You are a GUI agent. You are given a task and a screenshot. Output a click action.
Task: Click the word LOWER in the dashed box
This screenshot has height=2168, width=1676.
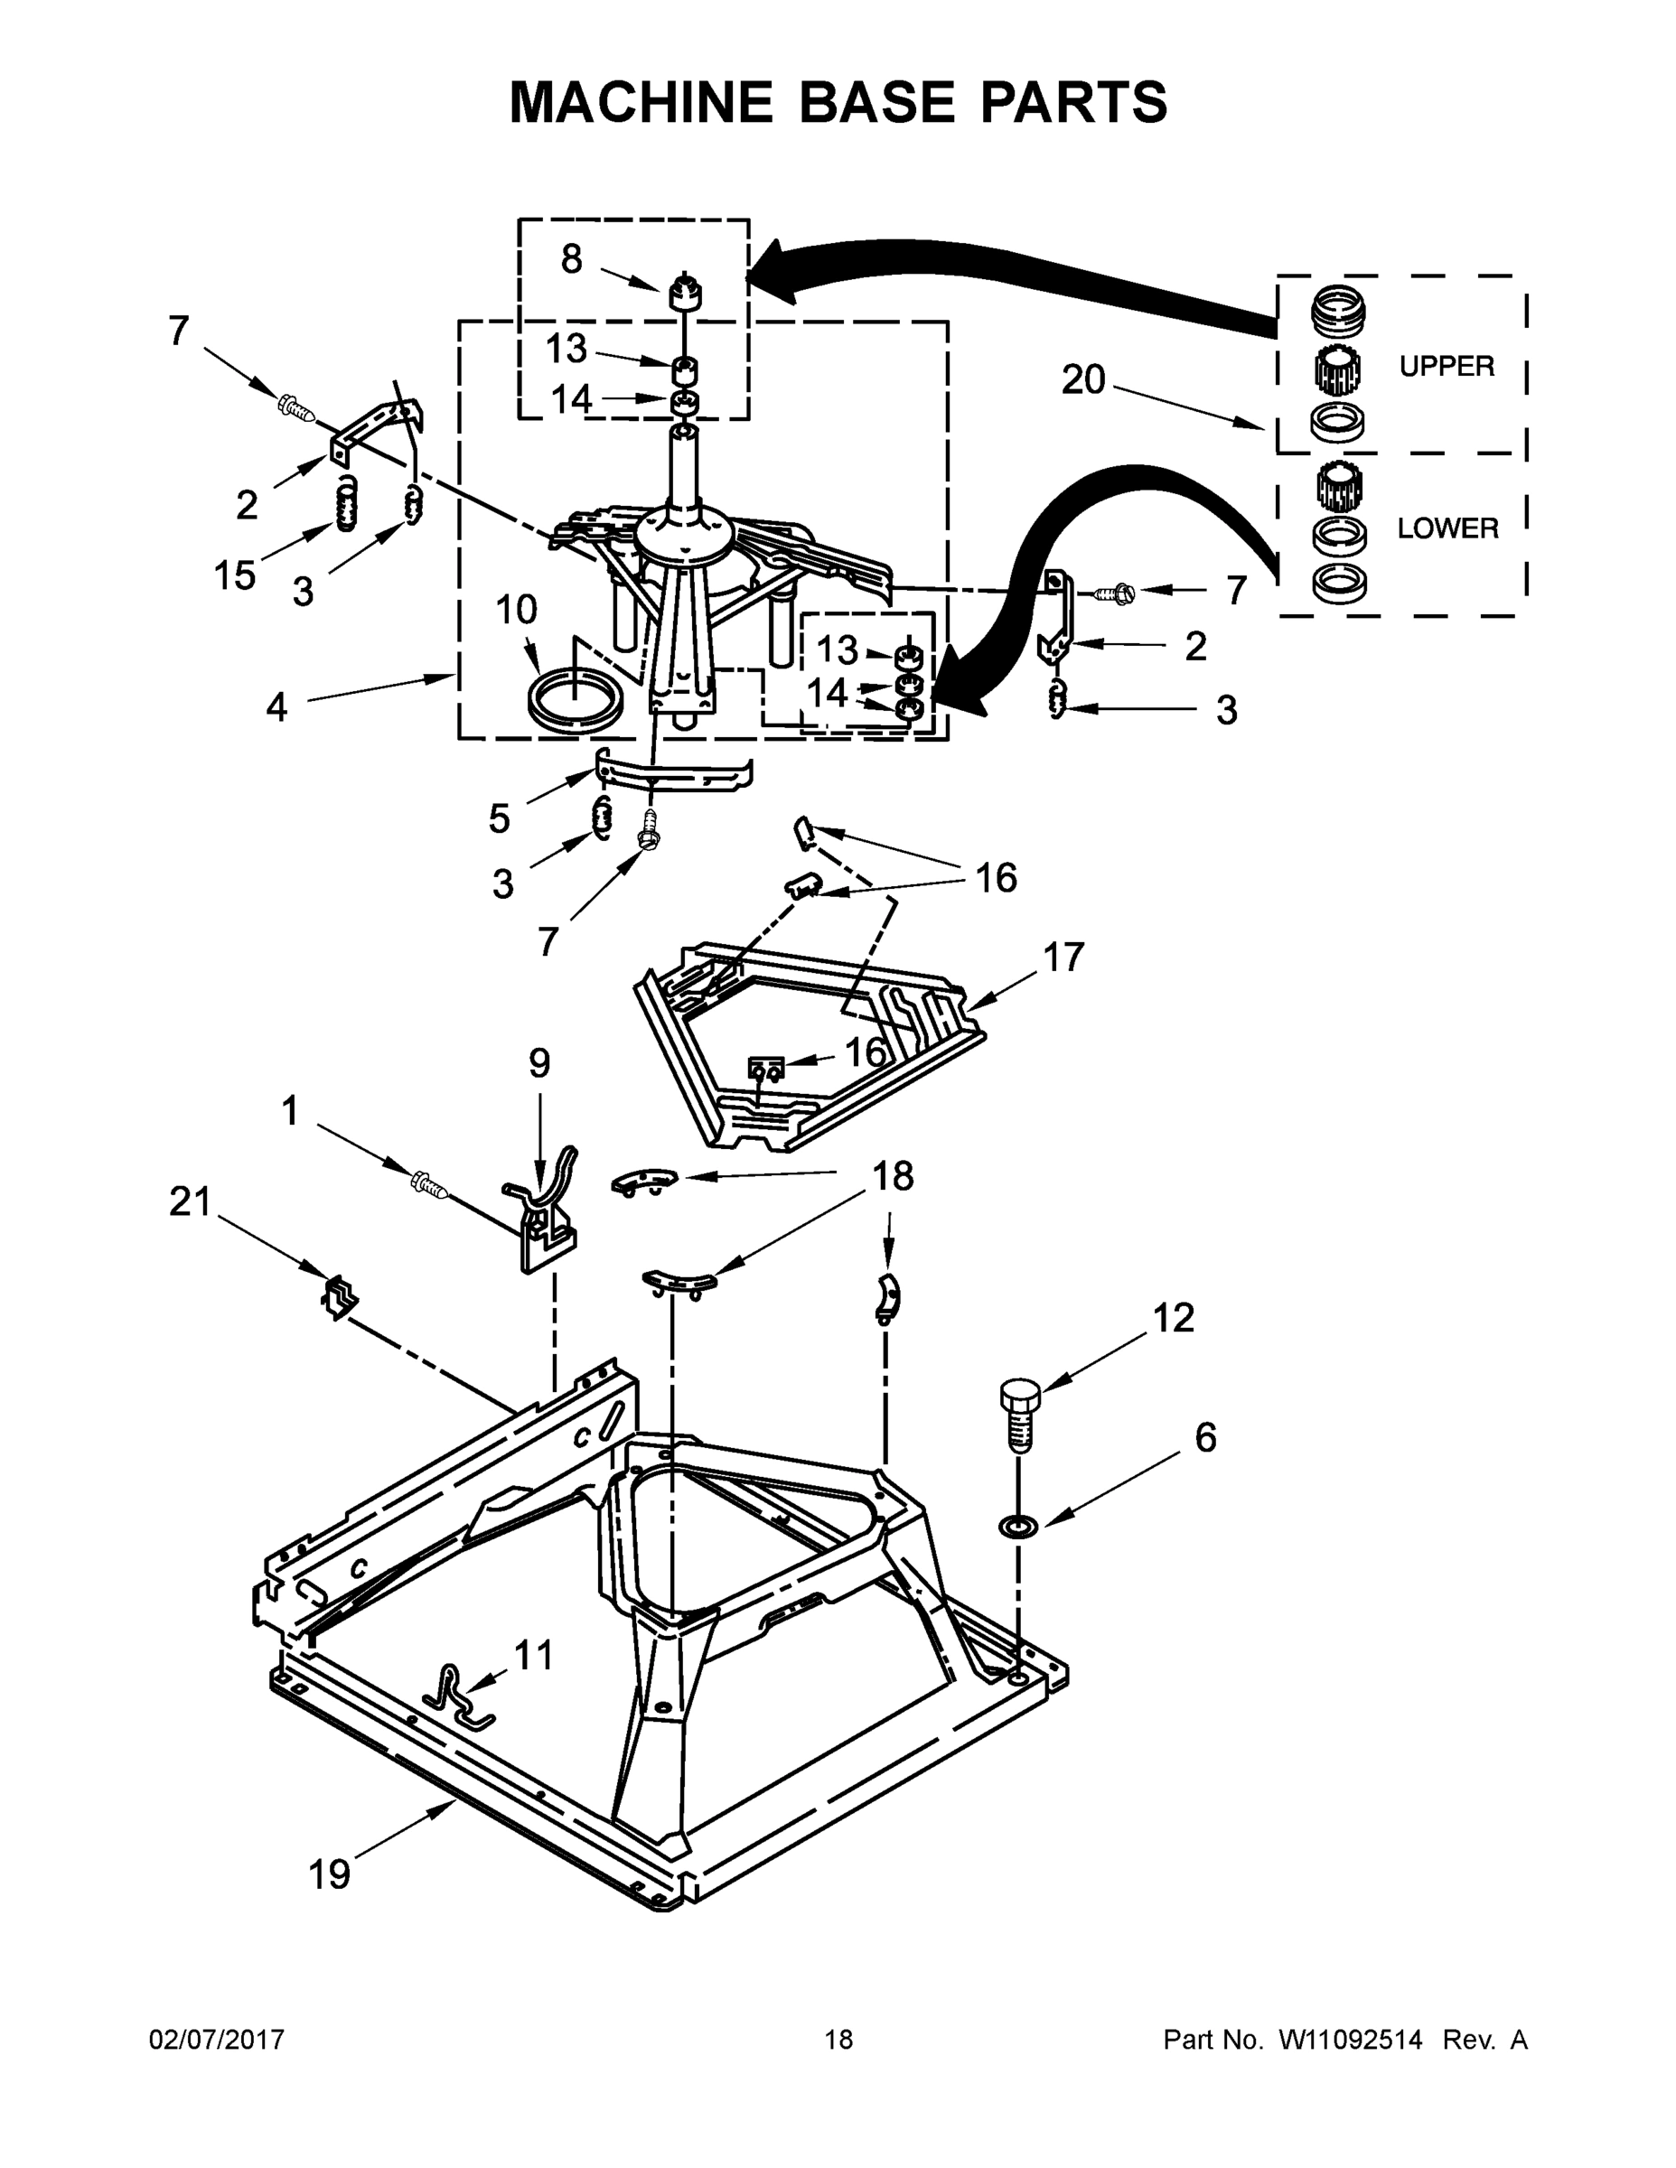tap(1447, 528)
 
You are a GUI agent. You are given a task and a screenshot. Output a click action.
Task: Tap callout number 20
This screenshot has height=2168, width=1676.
tap(1082, 379)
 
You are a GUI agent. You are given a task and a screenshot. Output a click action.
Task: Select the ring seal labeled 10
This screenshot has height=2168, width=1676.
tap(574, 702)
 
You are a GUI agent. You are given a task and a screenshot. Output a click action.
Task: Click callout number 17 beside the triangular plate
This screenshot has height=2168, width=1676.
tap(1063, 958)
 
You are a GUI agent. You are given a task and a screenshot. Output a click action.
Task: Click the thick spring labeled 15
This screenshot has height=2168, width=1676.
tap(344, 503)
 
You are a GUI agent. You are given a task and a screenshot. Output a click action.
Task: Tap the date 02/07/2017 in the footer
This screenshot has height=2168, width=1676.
tap(217, 2040)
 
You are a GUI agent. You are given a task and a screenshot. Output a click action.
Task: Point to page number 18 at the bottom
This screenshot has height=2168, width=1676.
tap(838, 2040)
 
